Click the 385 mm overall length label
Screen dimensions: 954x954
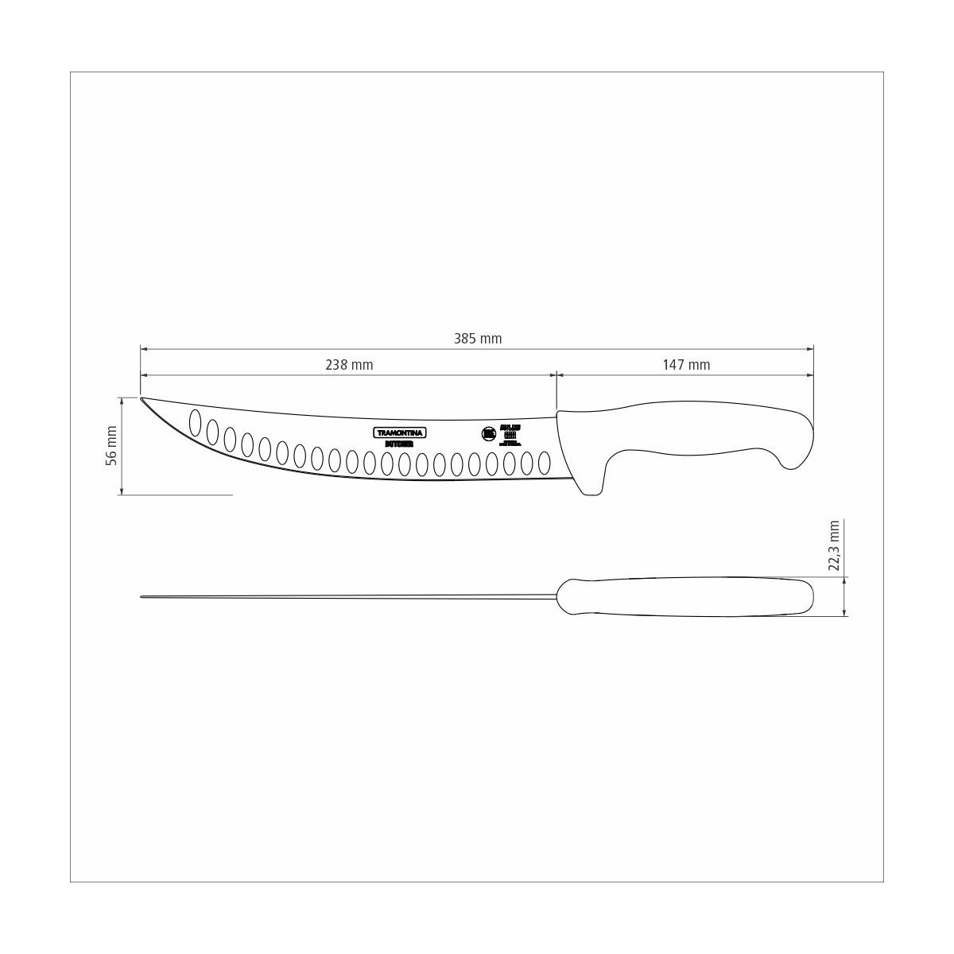click(x=478, y=339)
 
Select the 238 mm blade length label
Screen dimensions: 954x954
click(x=349, y=365)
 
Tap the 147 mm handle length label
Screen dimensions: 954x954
click(x=686, y=365)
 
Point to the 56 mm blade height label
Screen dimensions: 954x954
click(x=111, y=445)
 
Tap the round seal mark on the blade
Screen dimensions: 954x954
click(x=488, y=434)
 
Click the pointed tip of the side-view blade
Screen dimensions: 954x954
click(x=142, y=398)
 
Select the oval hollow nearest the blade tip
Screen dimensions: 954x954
click(x=195, y=423)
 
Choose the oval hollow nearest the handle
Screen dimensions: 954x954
click(x=545, y=463)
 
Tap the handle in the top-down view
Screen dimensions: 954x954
click(x=684, y=596)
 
